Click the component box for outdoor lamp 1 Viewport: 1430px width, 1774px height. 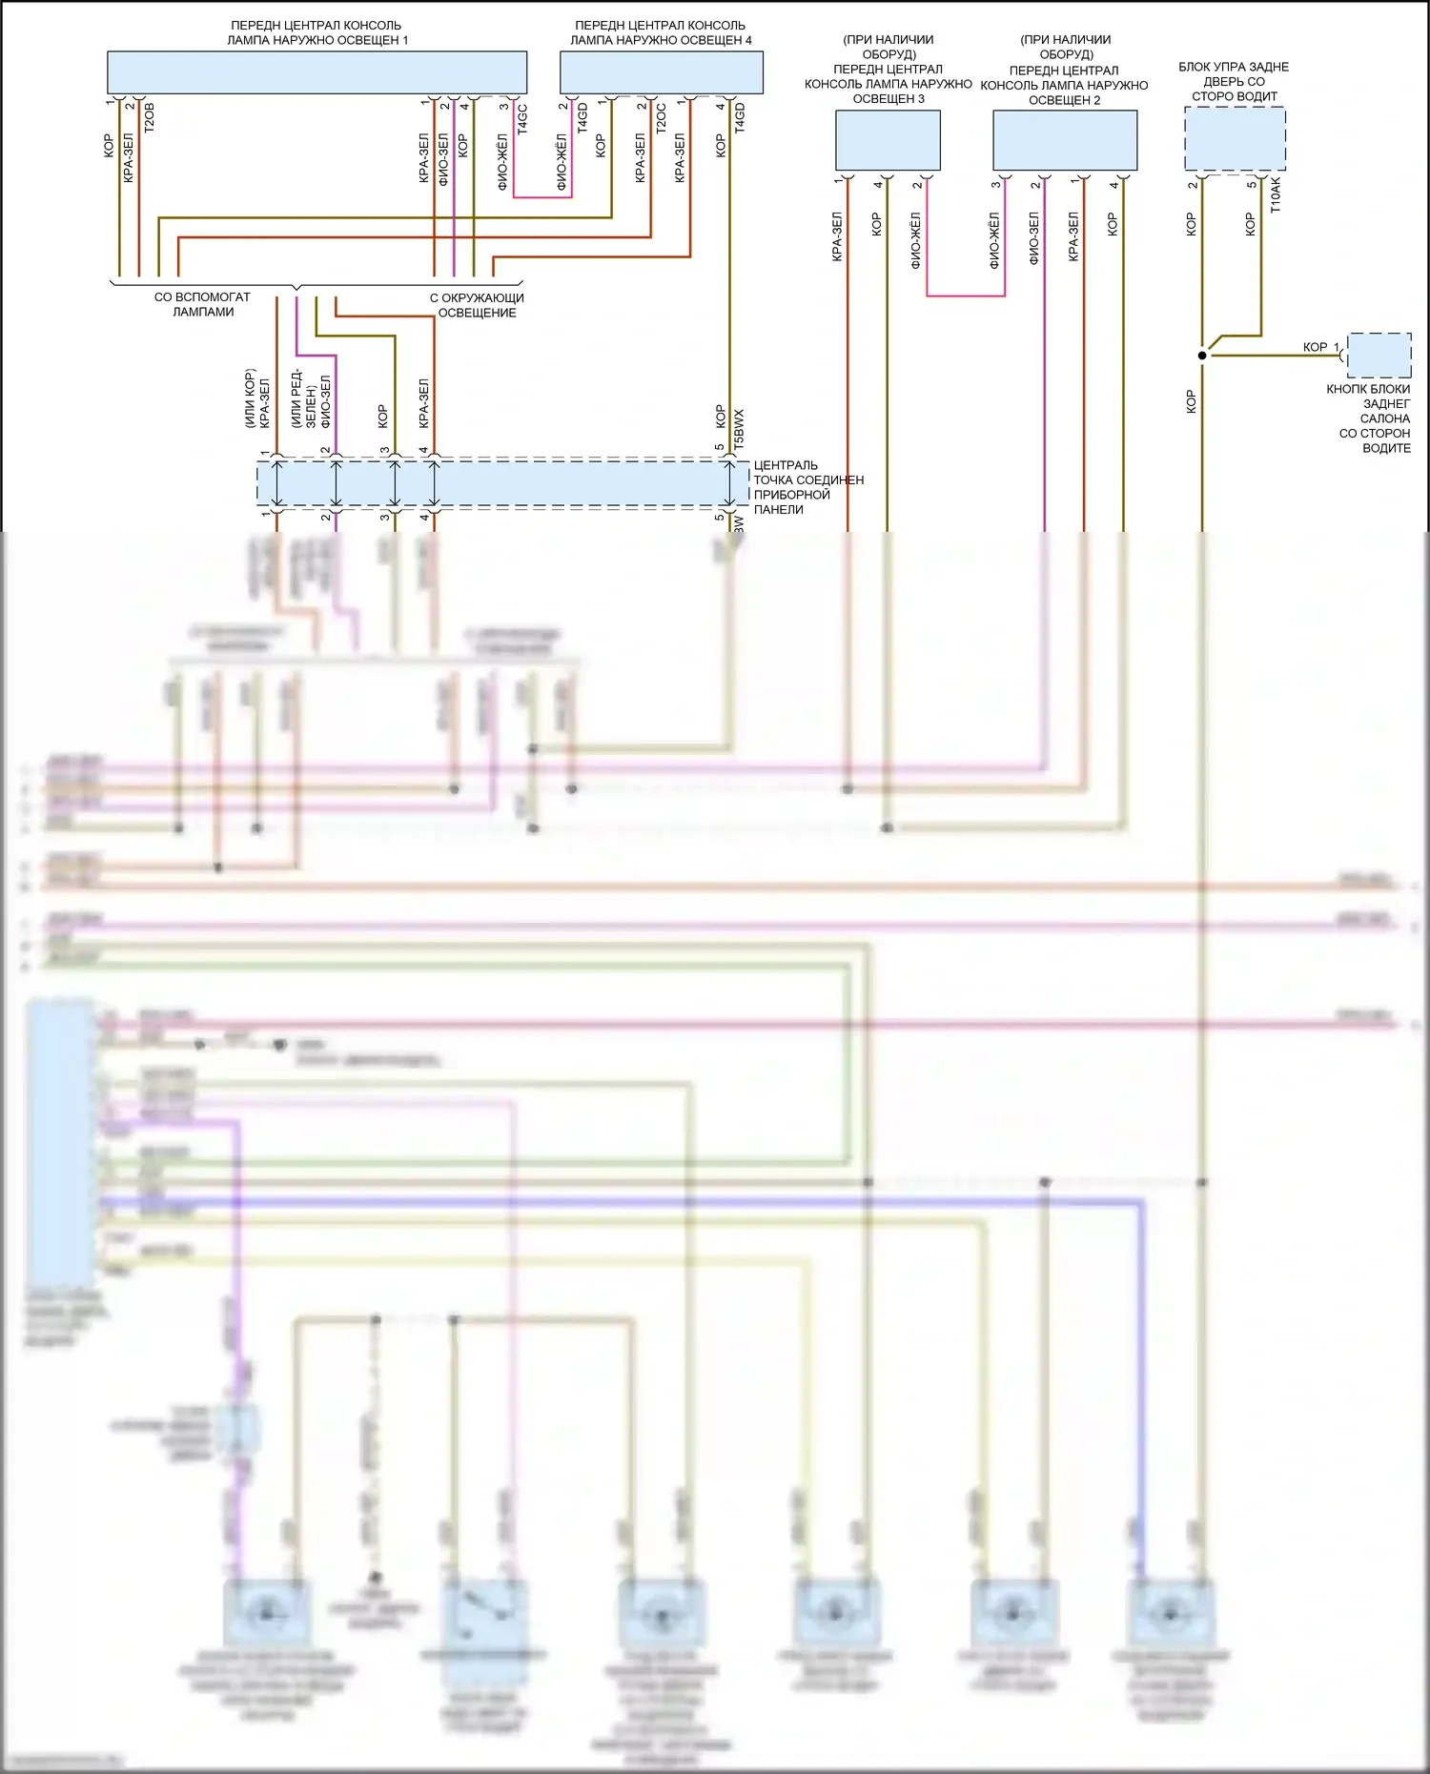[x=317, y=72]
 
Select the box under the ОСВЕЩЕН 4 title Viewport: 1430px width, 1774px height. [x=661, y=72]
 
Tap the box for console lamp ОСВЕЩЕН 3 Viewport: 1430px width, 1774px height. [x=888, y=140]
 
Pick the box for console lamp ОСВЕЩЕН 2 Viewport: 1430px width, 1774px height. [x=1065, y=140]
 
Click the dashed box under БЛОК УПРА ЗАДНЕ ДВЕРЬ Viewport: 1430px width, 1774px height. [x=1235, y=139]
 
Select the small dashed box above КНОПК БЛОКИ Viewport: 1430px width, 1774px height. [x=1379, y=355]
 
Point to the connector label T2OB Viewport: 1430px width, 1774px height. [x=149, y=116]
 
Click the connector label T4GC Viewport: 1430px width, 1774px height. [x=522, y=118]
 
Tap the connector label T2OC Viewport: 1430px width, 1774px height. [x=661, y=118]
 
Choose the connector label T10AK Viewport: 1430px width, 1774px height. [x=1276, y=194]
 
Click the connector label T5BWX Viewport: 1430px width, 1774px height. [x=739, y=429]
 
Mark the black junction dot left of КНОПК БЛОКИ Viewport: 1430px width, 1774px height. [x=1202, y=356]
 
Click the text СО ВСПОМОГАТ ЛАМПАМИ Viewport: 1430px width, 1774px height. [x=202, y=304]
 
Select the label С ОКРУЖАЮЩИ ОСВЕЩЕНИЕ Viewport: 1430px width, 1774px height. [x=477, y=305]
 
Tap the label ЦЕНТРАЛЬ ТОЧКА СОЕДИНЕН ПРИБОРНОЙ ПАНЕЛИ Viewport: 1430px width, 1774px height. [x=807, y=487]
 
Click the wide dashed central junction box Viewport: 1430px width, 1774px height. [x=502, y=483]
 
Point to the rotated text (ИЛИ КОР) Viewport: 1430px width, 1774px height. [x=251, y=398]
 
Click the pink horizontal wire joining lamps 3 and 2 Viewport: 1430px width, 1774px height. [x=965, y=296]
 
